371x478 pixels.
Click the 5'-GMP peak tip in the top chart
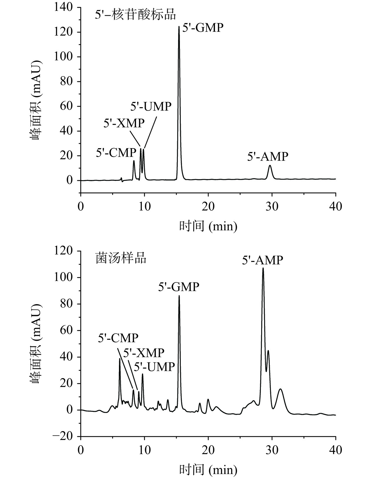pyautogui.click(x=179, y=27)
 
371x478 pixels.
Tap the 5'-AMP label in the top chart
pyautogui.click(x=267, y=156)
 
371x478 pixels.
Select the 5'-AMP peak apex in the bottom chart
pyautogui.click(x=263, y=268)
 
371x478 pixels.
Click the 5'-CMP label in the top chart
pyautogui.click(x=116, y=153)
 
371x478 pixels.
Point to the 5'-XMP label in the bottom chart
pyautogui.click(x=143, y=353)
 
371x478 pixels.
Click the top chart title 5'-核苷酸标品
pyautogui.click(x=135, y=14)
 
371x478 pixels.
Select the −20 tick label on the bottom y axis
pyautogui.click(x=62, y=437)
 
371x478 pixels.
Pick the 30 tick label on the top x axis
pyautogui.click(x=272, y=206)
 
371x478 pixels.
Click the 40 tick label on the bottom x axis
pyautogui.click(x=335, y=450)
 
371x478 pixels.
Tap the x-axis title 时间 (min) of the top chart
pyautogui.click(x=208, y=226)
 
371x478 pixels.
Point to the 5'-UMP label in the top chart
pyautogui.click(x=151, y=106)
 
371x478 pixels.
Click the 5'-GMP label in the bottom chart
pyautogui.click(x=179, y=287)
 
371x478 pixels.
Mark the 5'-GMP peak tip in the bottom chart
pyautogui.click(x=179, y=296)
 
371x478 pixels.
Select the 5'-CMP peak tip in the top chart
pyautogui.click(x=134, y=161)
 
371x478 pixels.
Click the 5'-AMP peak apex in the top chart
pyautogui.click(x=270, y=166)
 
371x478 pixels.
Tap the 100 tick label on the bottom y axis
pyautogui.click(x=63, y=277)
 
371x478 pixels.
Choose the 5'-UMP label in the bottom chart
pyautogui.click(x=154, y=367)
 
